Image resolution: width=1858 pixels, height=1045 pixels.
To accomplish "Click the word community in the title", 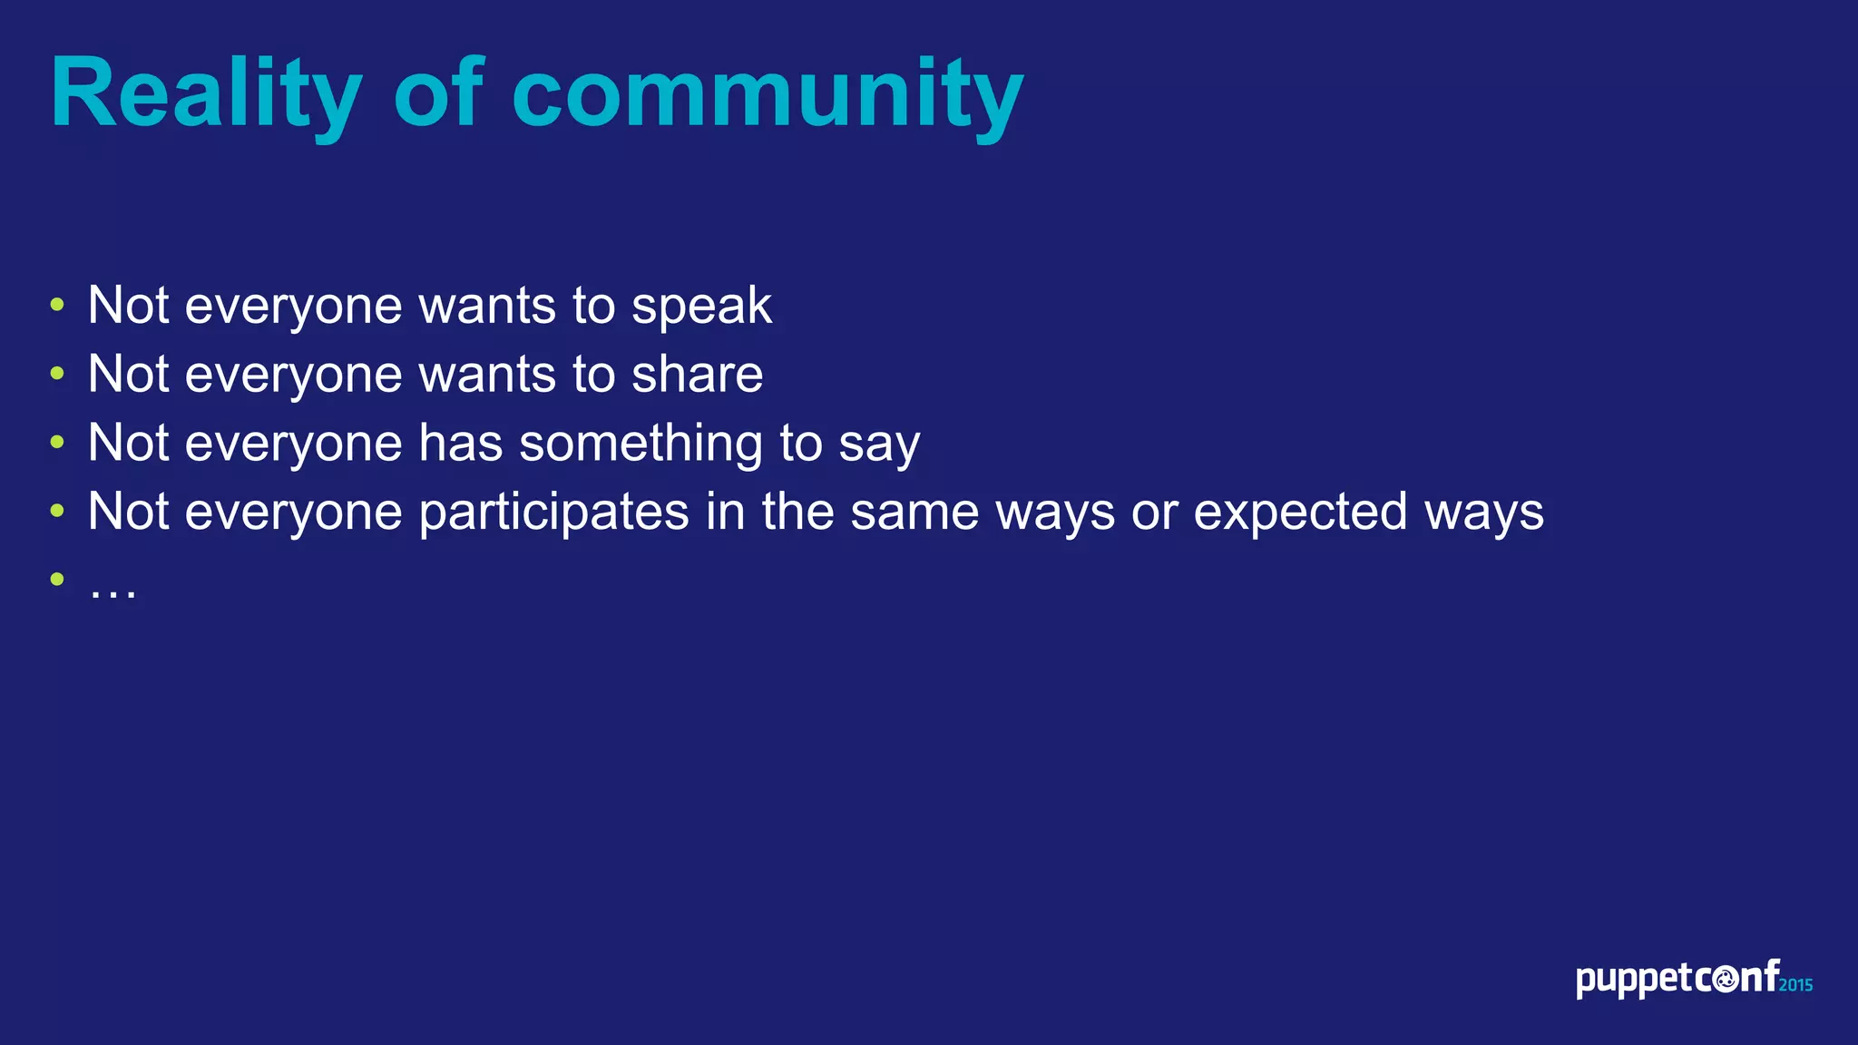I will (x=768, y=94).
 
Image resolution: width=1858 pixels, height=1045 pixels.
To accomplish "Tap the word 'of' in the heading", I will (x=438, y=93).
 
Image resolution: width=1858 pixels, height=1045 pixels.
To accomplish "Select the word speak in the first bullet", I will (x=701, y=307).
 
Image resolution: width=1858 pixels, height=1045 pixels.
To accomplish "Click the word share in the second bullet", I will (x=697, y=375).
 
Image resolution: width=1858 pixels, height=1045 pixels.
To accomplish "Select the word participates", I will (x=554, y=513).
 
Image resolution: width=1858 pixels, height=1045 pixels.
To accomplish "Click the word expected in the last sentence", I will (x=1300, y=513).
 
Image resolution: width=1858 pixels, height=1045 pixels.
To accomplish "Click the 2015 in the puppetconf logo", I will (x=1795, y=985).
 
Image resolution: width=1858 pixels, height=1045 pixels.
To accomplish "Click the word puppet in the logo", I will (x=1634, y=981).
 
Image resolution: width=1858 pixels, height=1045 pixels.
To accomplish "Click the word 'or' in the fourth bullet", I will (x=1153, y=513).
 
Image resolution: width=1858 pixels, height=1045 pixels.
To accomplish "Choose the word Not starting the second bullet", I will (x=128, y=375).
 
